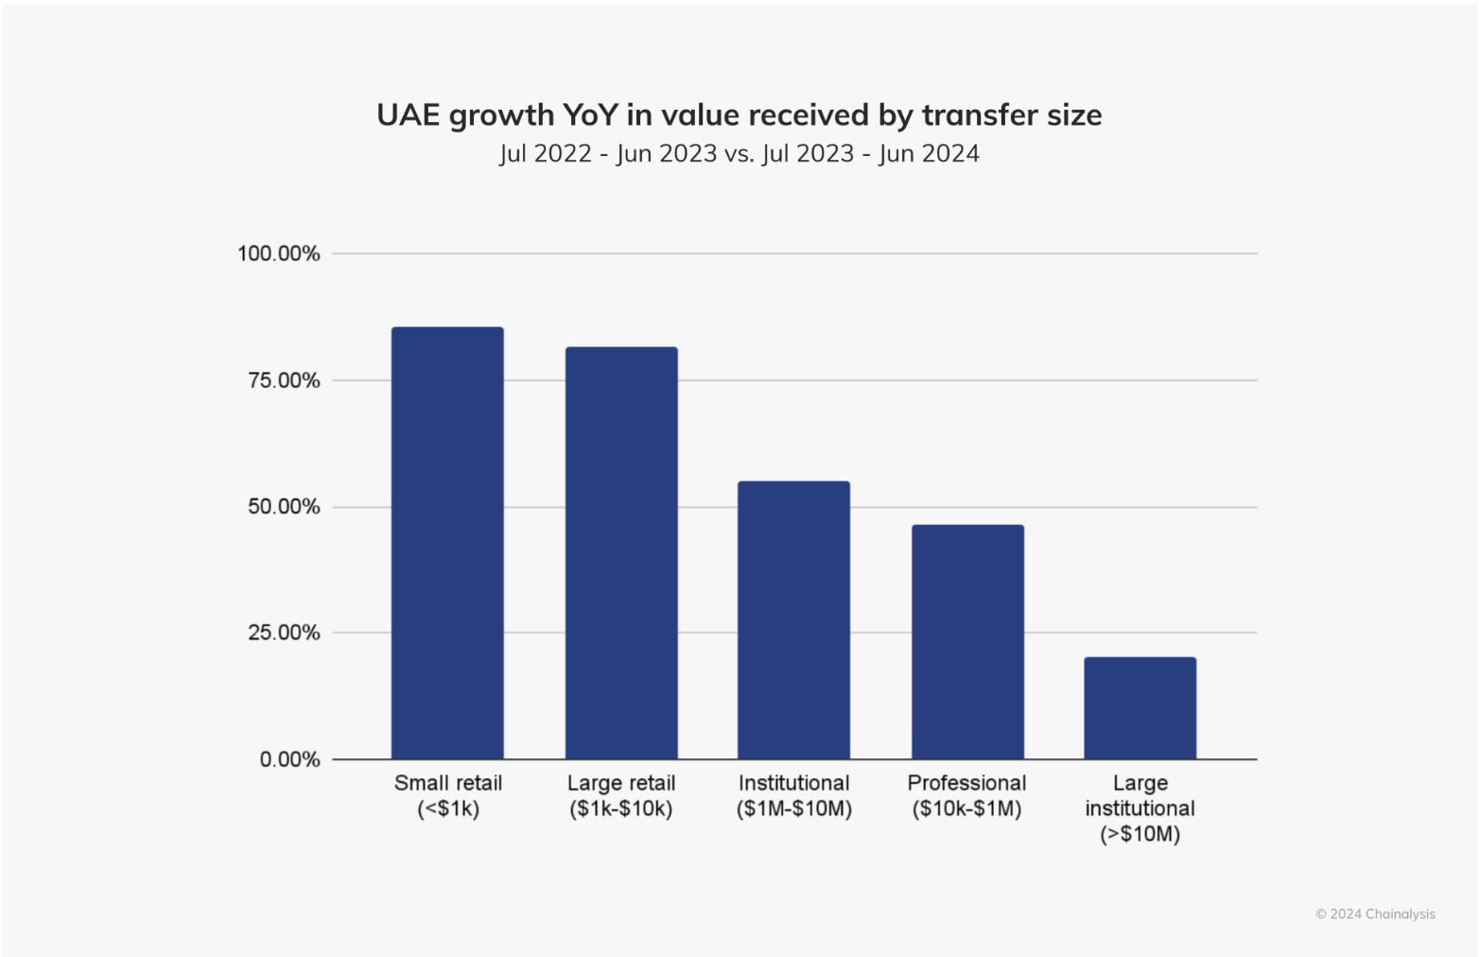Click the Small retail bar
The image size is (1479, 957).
(447, 543)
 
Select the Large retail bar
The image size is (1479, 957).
(621, 552)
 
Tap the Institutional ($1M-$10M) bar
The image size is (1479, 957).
(793, 619)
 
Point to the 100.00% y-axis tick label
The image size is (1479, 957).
(279, 253)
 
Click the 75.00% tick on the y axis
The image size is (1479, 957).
(284, 380)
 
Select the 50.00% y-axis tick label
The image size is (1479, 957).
(284, 507)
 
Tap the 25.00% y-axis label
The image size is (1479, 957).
(284, 633)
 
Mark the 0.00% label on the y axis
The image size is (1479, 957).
(289, 759)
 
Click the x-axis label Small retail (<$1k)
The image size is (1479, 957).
(448, 795)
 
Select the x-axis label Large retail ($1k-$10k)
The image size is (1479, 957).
(621, 795)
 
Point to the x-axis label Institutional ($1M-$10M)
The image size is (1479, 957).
(794, 795)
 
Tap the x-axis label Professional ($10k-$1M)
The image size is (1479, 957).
(966, 795)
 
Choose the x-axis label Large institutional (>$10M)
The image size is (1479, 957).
(1140, 809)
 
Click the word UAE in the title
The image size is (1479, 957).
(408, 115)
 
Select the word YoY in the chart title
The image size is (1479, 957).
(590, 115)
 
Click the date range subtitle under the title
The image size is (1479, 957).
(739, 153)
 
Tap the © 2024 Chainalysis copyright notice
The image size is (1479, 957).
(1375, 913)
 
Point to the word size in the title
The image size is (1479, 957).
(1074, 115)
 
